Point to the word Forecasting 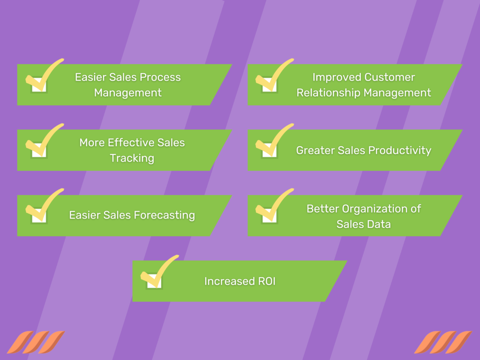pyautogui.click(x=165, y=215)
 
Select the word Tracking pyautogui.click(x=132, y=158)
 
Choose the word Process pyautogui.click(x=161, y=77)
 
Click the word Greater pyautogui.click(x=313, y=150)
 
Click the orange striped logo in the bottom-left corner pyautogui.click(x=35, y=342)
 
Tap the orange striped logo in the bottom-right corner pyautogui.click(x=442, y=342)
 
